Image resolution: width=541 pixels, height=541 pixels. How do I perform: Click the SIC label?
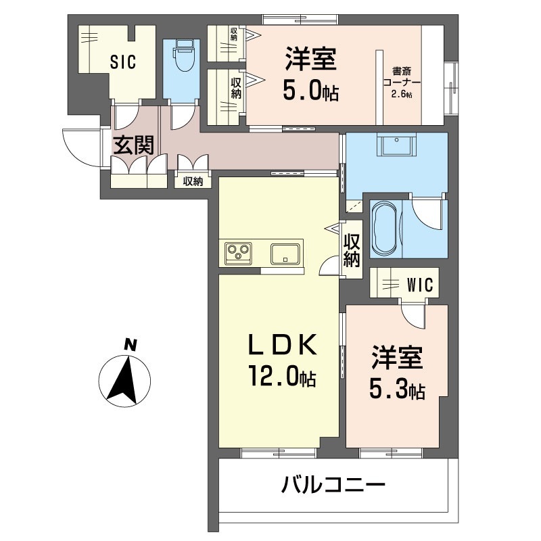pyautogui.click(x=124, y=62)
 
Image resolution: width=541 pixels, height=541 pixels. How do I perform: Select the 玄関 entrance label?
pyautogui.click(x=133, y=145)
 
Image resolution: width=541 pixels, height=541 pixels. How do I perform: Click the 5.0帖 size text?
pyautogui.click(x=310, y=92)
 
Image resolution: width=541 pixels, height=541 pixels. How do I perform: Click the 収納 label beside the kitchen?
pyautogui.click(x=352, y=250)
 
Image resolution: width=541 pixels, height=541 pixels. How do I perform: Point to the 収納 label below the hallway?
pyautogui.click(x=193, y=181)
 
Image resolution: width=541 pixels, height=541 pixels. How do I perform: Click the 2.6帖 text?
pyautogui.click(x=402, y=94)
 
